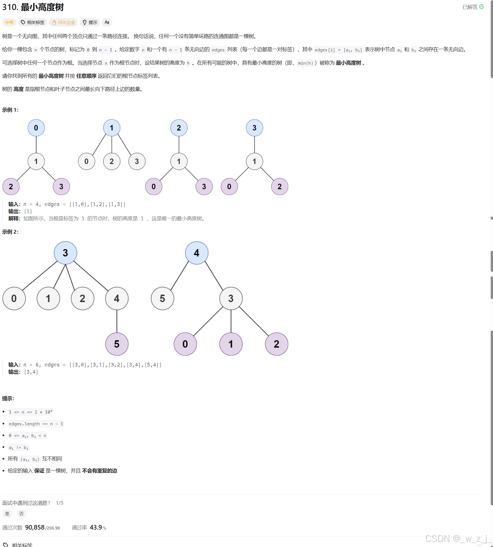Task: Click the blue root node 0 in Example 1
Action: pyautogui.click(x=36, y=128)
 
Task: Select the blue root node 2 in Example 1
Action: pyautogui.click(x=179, y=128)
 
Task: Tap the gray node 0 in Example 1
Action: pyautogui.click(x=86, y=161)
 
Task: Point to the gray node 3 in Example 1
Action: pyautogui.click(x=137, y=161)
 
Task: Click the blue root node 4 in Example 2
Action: pyautogui.click(x=196, y=253)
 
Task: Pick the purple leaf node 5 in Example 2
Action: pyautogui.click(x=117, y=344)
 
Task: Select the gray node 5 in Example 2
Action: pyautogui.click(x=162, y=298)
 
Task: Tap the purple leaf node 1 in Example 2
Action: pyautogui.click(x=231, y=344)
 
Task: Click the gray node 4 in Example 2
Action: pyautogui.click(x=117, y=298)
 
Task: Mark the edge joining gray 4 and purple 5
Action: pyautogui.click(x=117, y=321)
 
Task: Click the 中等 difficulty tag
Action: pyautogui.click(x=9, y=22)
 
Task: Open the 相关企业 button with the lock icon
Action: pyautogui.click(x=63, y=22)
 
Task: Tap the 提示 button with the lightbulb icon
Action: pyautogui.click(x=90, y=22)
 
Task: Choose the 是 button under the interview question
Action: pyautogui.click(x=7, y=514)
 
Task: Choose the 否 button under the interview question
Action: pyautogui.click(x=21, y=514)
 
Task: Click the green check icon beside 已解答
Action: pyautogui.click(x=482, y=7)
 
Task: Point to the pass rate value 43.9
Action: pyautogui.click(x=96, y=527)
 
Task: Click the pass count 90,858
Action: pyautogui.click(x=35, y=527)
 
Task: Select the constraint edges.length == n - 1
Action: pyautogui.click(x=36, y=424)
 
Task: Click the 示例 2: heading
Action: pyautogui.click(x=10, y=232)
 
